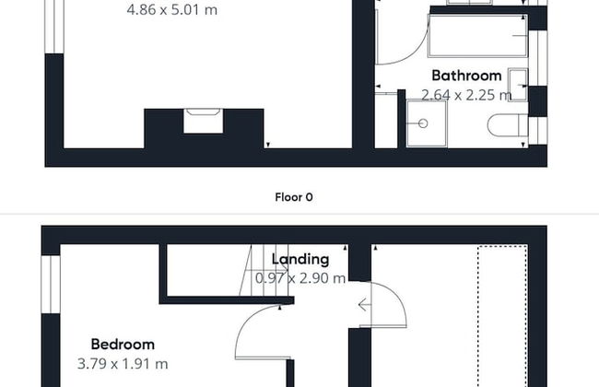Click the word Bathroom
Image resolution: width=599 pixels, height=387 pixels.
point(466,76)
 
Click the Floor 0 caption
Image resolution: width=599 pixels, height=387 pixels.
point(295,196)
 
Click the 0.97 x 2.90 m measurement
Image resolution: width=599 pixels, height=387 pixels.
point(301,277)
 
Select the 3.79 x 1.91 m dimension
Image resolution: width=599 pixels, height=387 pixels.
point(123,364)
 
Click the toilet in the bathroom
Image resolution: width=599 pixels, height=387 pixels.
point(508,126)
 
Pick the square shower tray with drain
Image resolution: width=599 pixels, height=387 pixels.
point(427,122)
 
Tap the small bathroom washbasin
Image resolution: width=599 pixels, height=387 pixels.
point(518,84)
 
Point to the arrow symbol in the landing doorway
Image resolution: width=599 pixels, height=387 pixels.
point(365,305)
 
